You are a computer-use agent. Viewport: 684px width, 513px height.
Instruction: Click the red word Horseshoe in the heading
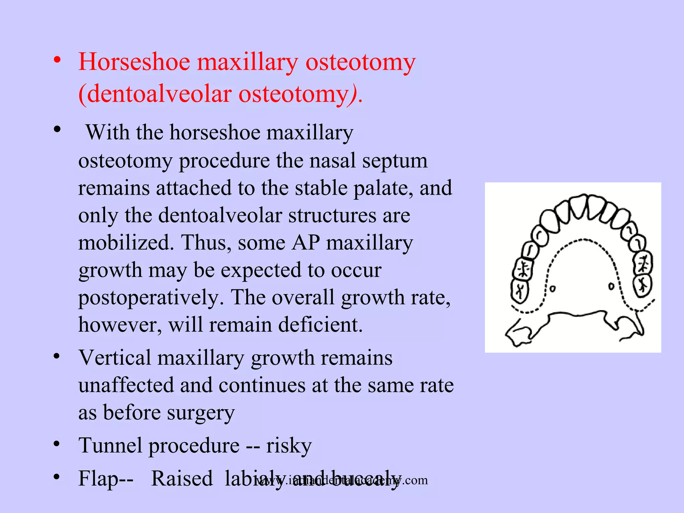tap(134, 62)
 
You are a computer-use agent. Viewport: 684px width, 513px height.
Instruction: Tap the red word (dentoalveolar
tap(155, 94)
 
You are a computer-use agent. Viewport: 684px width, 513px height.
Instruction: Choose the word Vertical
tap(115, 358)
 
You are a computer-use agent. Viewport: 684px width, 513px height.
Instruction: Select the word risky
tap(289, 446)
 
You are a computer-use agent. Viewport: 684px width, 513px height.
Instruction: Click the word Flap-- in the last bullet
tap(106, 478)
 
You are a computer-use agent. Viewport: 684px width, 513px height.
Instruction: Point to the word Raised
tap(182, 478)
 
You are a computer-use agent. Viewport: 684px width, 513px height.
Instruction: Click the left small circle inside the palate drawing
tap(553, 289)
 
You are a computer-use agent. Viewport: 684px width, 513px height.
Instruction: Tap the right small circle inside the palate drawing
tap(611, 286)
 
